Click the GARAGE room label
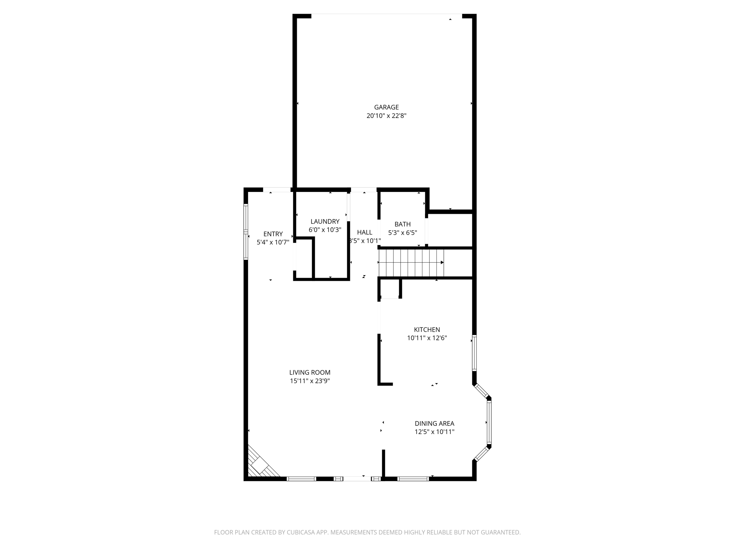[x=386, y=107]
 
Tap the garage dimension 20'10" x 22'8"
[x=386, y=116]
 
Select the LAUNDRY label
[x=325, y=221]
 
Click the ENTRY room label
[x=273, y=234]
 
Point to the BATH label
[x=402, y=224]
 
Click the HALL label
[x=364, y=232]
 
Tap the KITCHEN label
[x=427, y=329]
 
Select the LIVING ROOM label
[x=310, y=372]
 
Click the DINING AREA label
[x=434, y=423]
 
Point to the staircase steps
[x=411, y=263]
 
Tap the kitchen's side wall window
[x=474, y=353]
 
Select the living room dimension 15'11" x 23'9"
[x=310, y=381]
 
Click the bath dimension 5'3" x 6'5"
[x=402, y=233]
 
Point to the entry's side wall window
[x=246, y=232]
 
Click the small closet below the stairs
[x=390, y=289]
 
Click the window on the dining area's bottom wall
[x=413, y=479]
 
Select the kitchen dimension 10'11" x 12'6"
[x=427, y=338]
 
